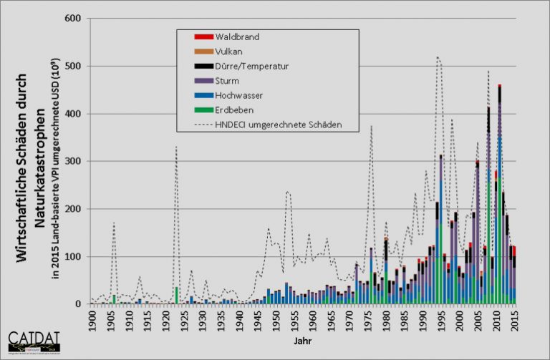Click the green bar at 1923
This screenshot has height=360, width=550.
(x=176, y=296)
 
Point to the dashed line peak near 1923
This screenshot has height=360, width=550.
(x=176, y=147)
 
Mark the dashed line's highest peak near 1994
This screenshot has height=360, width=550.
(x=438, y=57)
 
